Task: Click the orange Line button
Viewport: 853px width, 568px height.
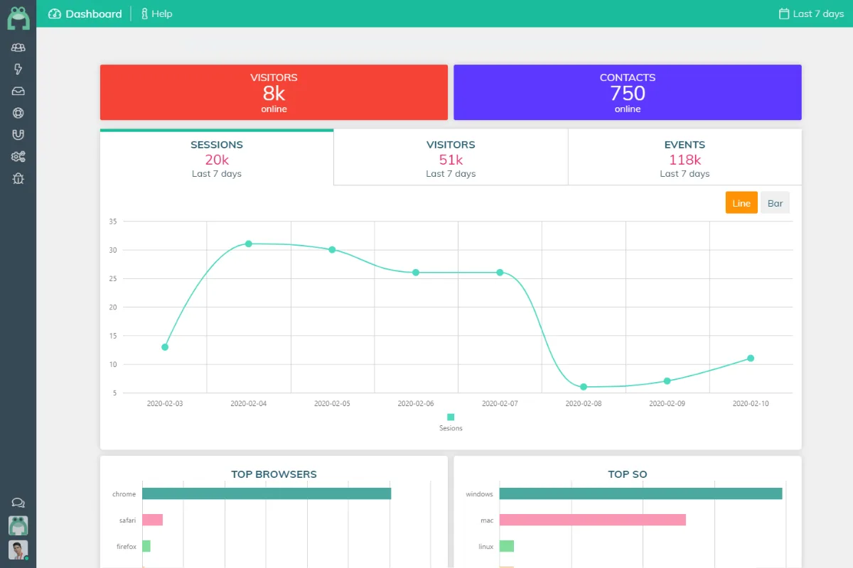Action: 741,203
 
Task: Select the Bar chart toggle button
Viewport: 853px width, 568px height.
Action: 775,203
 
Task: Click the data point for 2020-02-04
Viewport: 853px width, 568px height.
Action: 249,244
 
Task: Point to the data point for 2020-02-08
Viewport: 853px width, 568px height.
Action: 584,387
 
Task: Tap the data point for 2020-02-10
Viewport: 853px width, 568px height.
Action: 751,359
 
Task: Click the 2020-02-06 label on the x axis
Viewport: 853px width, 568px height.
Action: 415,403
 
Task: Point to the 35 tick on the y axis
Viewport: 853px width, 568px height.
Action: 113,222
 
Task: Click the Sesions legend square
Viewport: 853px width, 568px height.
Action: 451,417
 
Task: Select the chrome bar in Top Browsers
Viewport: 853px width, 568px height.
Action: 267,493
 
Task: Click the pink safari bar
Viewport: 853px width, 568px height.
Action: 152,520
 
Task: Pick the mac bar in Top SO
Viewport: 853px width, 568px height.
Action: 593,520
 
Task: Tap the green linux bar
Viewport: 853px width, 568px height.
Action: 506,546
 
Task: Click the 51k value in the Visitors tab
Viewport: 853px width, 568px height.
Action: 451,160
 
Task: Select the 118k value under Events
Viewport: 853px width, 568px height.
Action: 685,160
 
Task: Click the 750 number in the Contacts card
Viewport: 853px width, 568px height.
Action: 628,93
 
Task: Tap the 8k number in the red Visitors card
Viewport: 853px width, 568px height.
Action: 274,93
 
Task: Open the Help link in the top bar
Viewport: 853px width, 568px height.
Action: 156,13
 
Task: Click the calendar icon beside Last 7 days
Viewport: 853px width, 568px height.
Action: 783,13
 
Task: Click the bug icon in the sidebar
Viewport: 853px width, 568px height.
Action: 18,178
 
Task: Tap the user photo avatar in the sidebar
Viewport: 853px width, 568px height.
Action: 18,550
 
